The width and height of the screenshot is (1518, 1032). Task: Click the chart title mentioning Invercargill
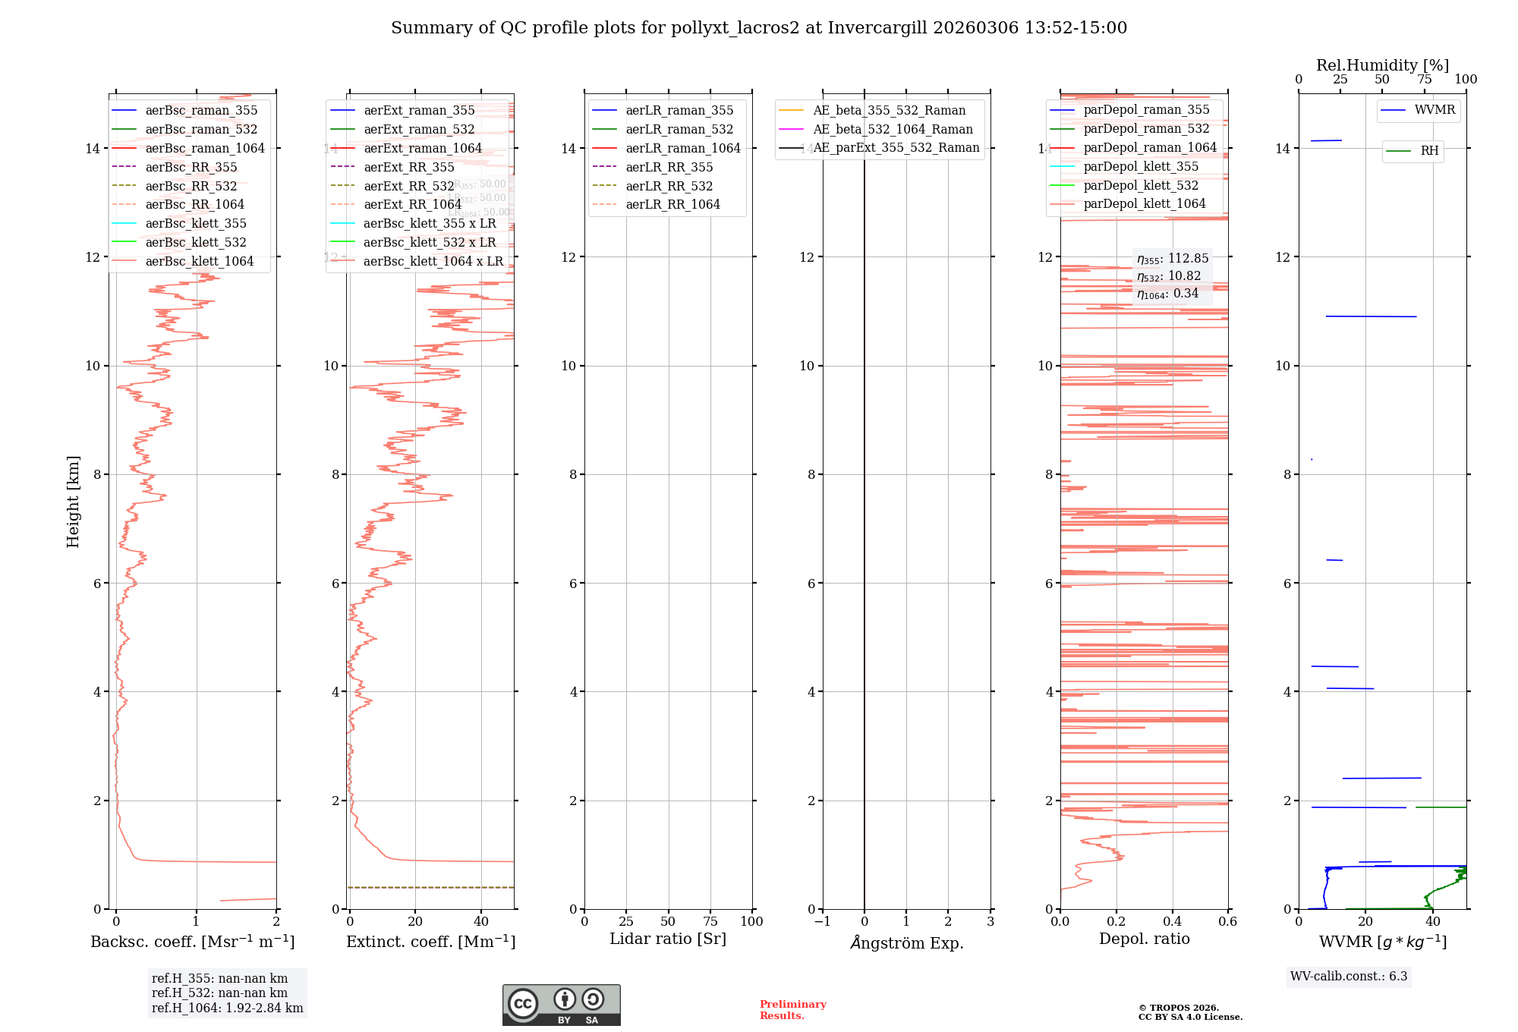pos(758,28)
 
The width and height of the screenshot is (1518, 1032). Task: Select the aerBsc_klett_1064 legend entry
pos(199,261)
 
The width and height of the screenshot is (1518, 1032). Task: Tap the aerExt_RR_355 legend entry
pos(408,167)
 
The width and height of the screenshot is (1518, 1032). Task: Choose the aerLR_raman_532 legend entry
pos(679,129)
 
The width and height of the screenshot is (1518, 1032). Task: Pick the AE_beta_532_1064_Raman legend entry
pos(893,129)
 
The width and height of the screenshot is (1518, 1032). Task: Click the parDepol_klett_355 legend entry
pos(1141,166)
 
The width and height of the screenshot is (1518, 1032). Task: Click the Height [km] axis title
pos(73,501)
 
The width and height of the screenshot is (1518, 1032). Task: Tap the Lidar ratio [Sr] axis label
pos(668,939)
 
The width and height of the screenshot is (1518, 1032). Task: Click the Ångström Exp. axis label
pos(907,942)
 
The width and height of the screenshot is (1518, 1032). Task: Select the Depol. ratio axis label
pos(1145,939)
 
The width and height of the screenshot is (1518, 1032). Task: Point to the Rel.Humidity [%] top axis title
pos(1382,65)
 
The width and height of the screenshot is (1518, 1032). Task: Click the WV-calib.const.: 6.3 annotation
pos(1349,976)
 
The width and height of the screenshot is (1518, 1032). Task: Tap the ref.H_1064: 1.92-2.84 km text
pos(227,1008)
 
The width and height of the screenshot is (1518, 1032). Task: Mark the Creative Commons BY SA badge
pos(561,1005)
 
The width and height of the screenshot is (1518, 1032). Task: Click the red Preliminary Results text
pos(792,1009)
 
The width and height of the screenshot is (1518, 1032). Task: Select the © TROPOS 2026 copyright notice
pos(1189,1012)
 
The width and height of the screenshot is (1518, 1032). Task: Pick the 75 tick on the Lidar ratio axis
pos(710,921)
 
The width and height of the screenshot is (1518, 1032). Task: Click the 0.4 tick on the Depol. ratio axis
pos(1173,921)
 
